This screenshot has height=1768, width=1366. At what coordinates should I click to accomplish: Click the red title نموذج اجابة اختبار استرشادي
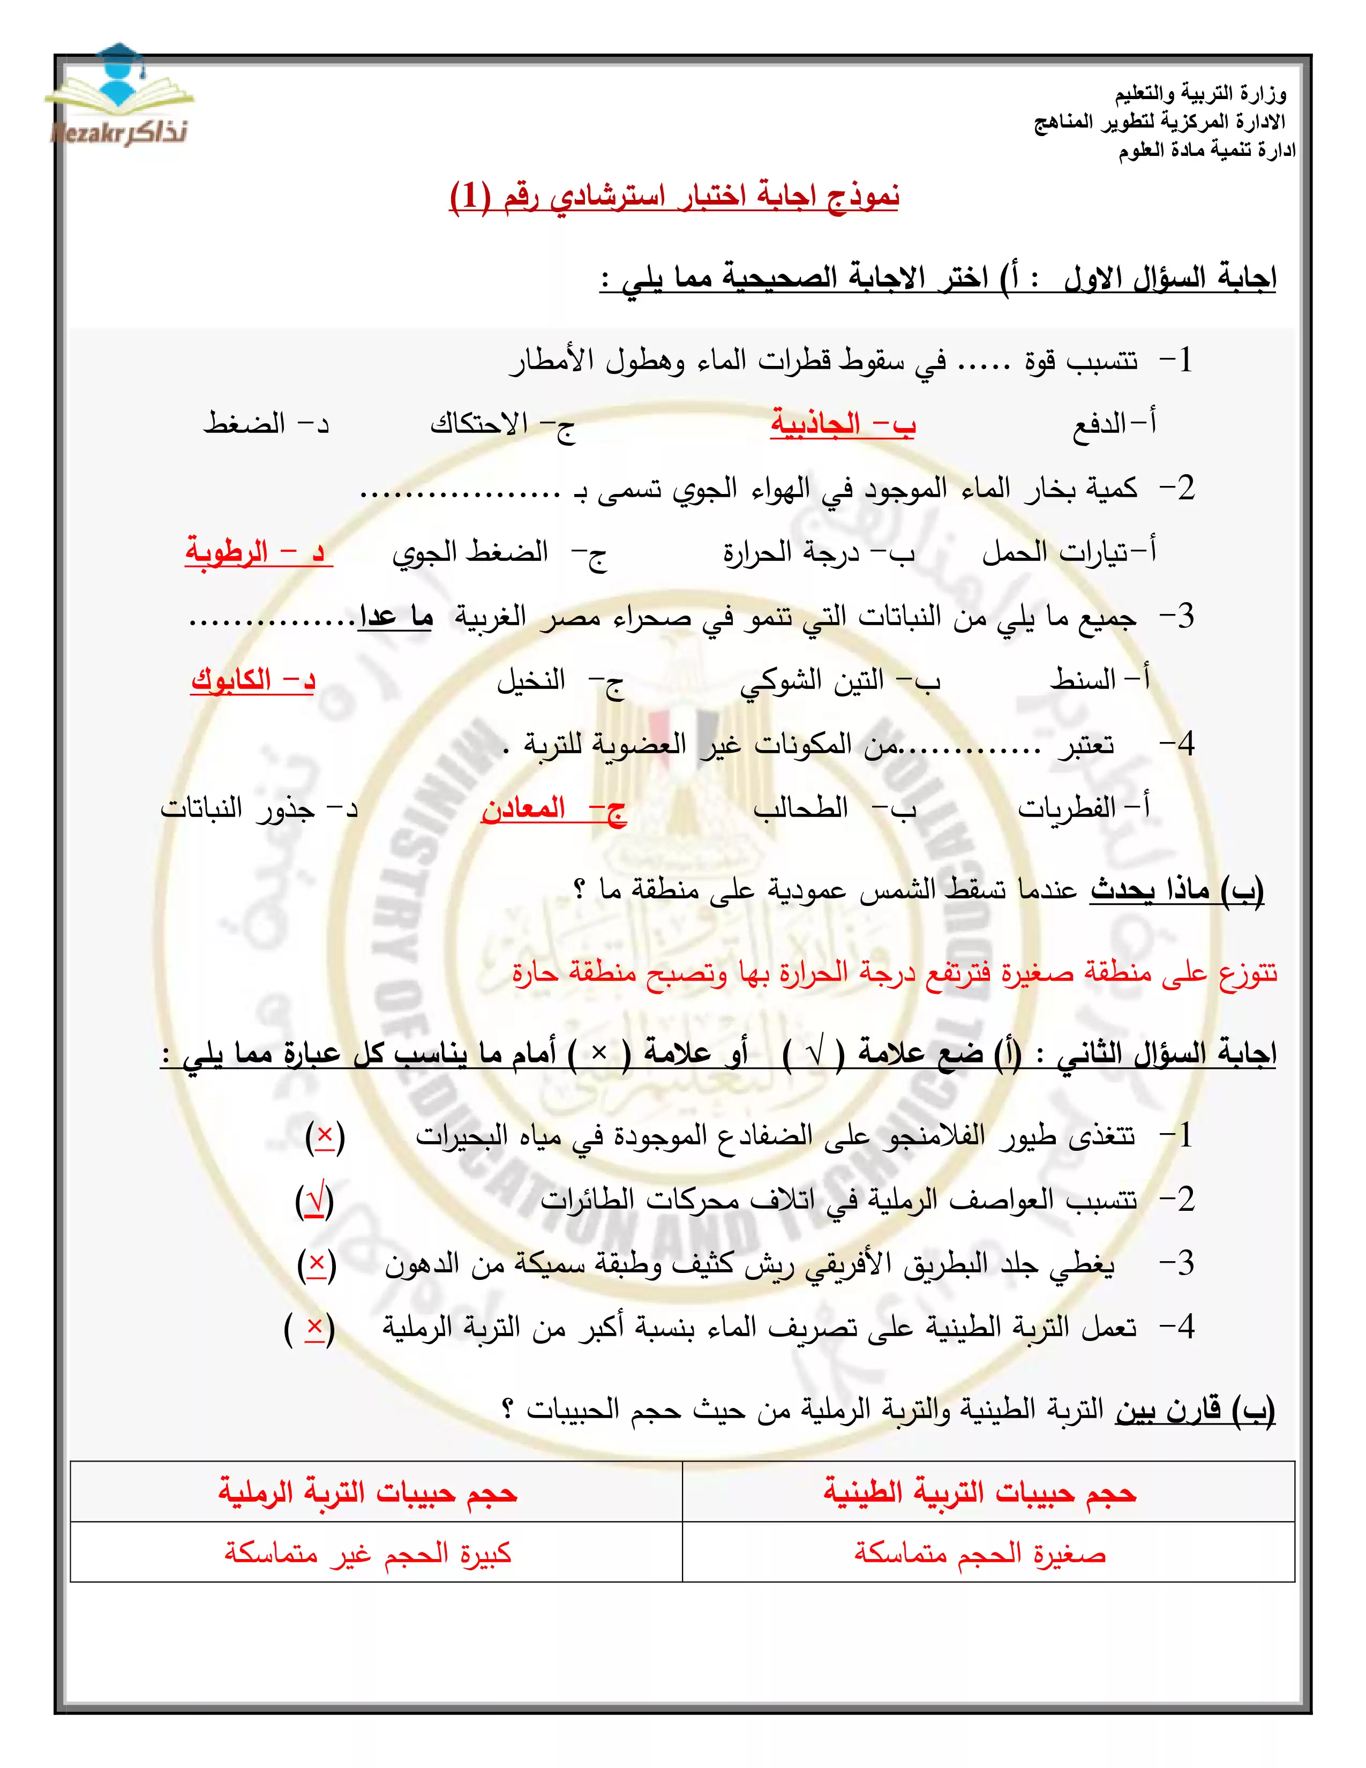click(x=674, y=197)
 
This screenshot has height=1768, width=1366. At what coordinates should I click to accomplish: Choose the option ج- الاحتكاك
click(x=502, y=423)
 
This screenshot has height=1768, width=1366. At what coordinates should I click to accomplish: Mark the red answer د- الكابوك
click(x=252, y=680)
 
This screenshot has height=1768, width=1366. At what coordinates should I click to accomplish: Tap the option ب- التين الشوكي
click(x=839, y=680)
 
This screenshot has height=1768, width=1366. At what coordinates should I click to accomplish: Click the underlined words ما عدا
click(x=396, y=618)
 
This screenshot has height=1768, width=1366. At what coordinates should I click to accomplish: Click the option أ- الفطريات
click(x=1083, y=808)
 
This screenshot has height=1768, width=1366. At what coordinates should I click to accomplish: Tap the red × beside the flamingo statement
click(x=325, y=1136)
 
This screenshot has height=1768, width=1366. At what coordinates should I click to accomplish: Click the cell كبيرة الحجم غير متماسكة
click(x=368, y=1554)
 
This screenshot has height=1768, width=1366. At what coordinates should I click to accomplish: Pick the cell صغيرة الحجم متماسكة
click(x=980, y=1554)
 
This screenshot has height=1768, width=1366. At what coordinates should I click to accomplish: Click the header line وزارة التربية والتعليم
click(x=1200, y=95)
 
